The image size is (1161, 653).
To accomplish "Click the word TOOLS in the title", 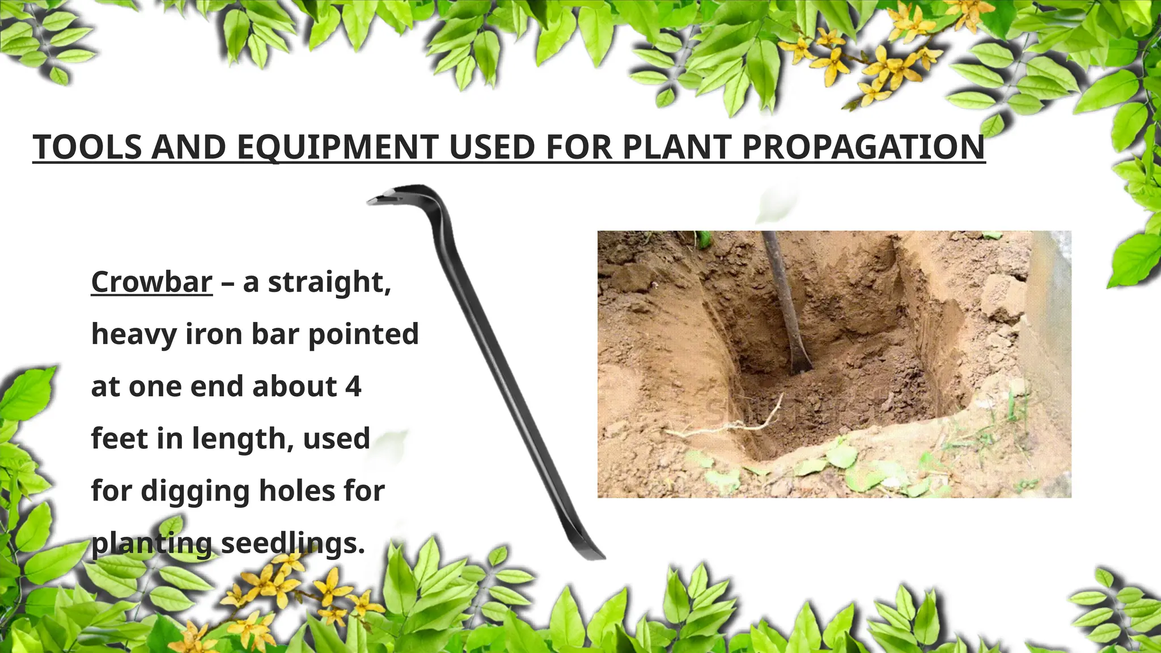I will click(87, 147).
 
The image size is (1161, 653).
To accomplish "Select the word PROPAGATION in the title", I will click(863, 147).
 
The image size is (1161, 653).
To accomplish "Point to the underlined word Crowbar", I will click(152, 282).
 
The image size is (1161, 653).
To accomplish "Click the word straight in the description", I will click(329, 282).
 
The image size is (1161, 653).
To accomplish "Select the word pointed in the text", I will click(363, 334).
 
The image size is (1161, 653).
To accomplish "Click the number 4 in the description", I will click(353, 387).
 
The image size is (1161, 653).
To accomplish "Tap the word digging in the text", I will click(195, 491).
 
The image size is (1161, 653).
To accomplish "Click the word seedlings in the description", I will click(293, 544).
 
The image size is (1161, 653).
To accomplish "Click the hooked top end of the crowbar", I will click(391, 196).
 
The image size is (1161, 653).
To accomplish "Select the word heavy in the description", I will click(134, 334).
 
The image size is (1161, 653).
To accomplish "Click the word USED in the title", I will click(492, 147).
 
